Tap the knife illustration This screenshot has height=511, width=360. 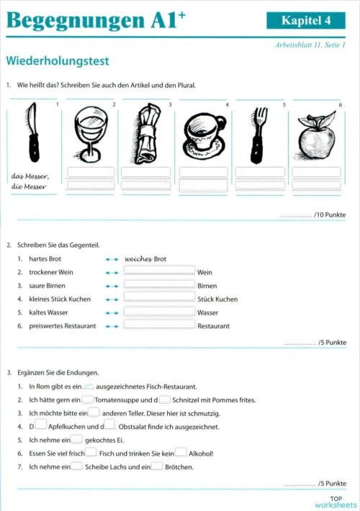point(32,134)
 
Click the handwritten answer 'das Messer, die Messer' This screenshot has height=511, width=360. point(29,181)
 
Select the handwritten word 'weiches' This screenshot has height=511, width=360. point(138,258)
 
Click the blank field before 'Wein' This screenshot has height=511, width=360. point(159,272)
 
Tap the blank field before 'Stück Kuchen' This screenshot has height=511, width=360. point(159,299)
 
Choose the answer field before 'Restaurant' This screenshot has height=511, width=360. point(159,325)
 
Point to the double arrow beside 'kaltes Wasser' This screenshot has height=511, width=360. point(111,312)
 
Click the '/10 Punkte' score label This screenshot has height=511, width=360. point(312,215)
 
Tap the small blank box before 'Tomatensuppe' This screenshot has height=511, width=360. point(87,399)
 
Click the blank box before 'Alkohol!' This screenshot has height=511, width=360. point(181,453)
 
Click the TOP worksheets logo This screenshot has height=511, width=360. point(336,502)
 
